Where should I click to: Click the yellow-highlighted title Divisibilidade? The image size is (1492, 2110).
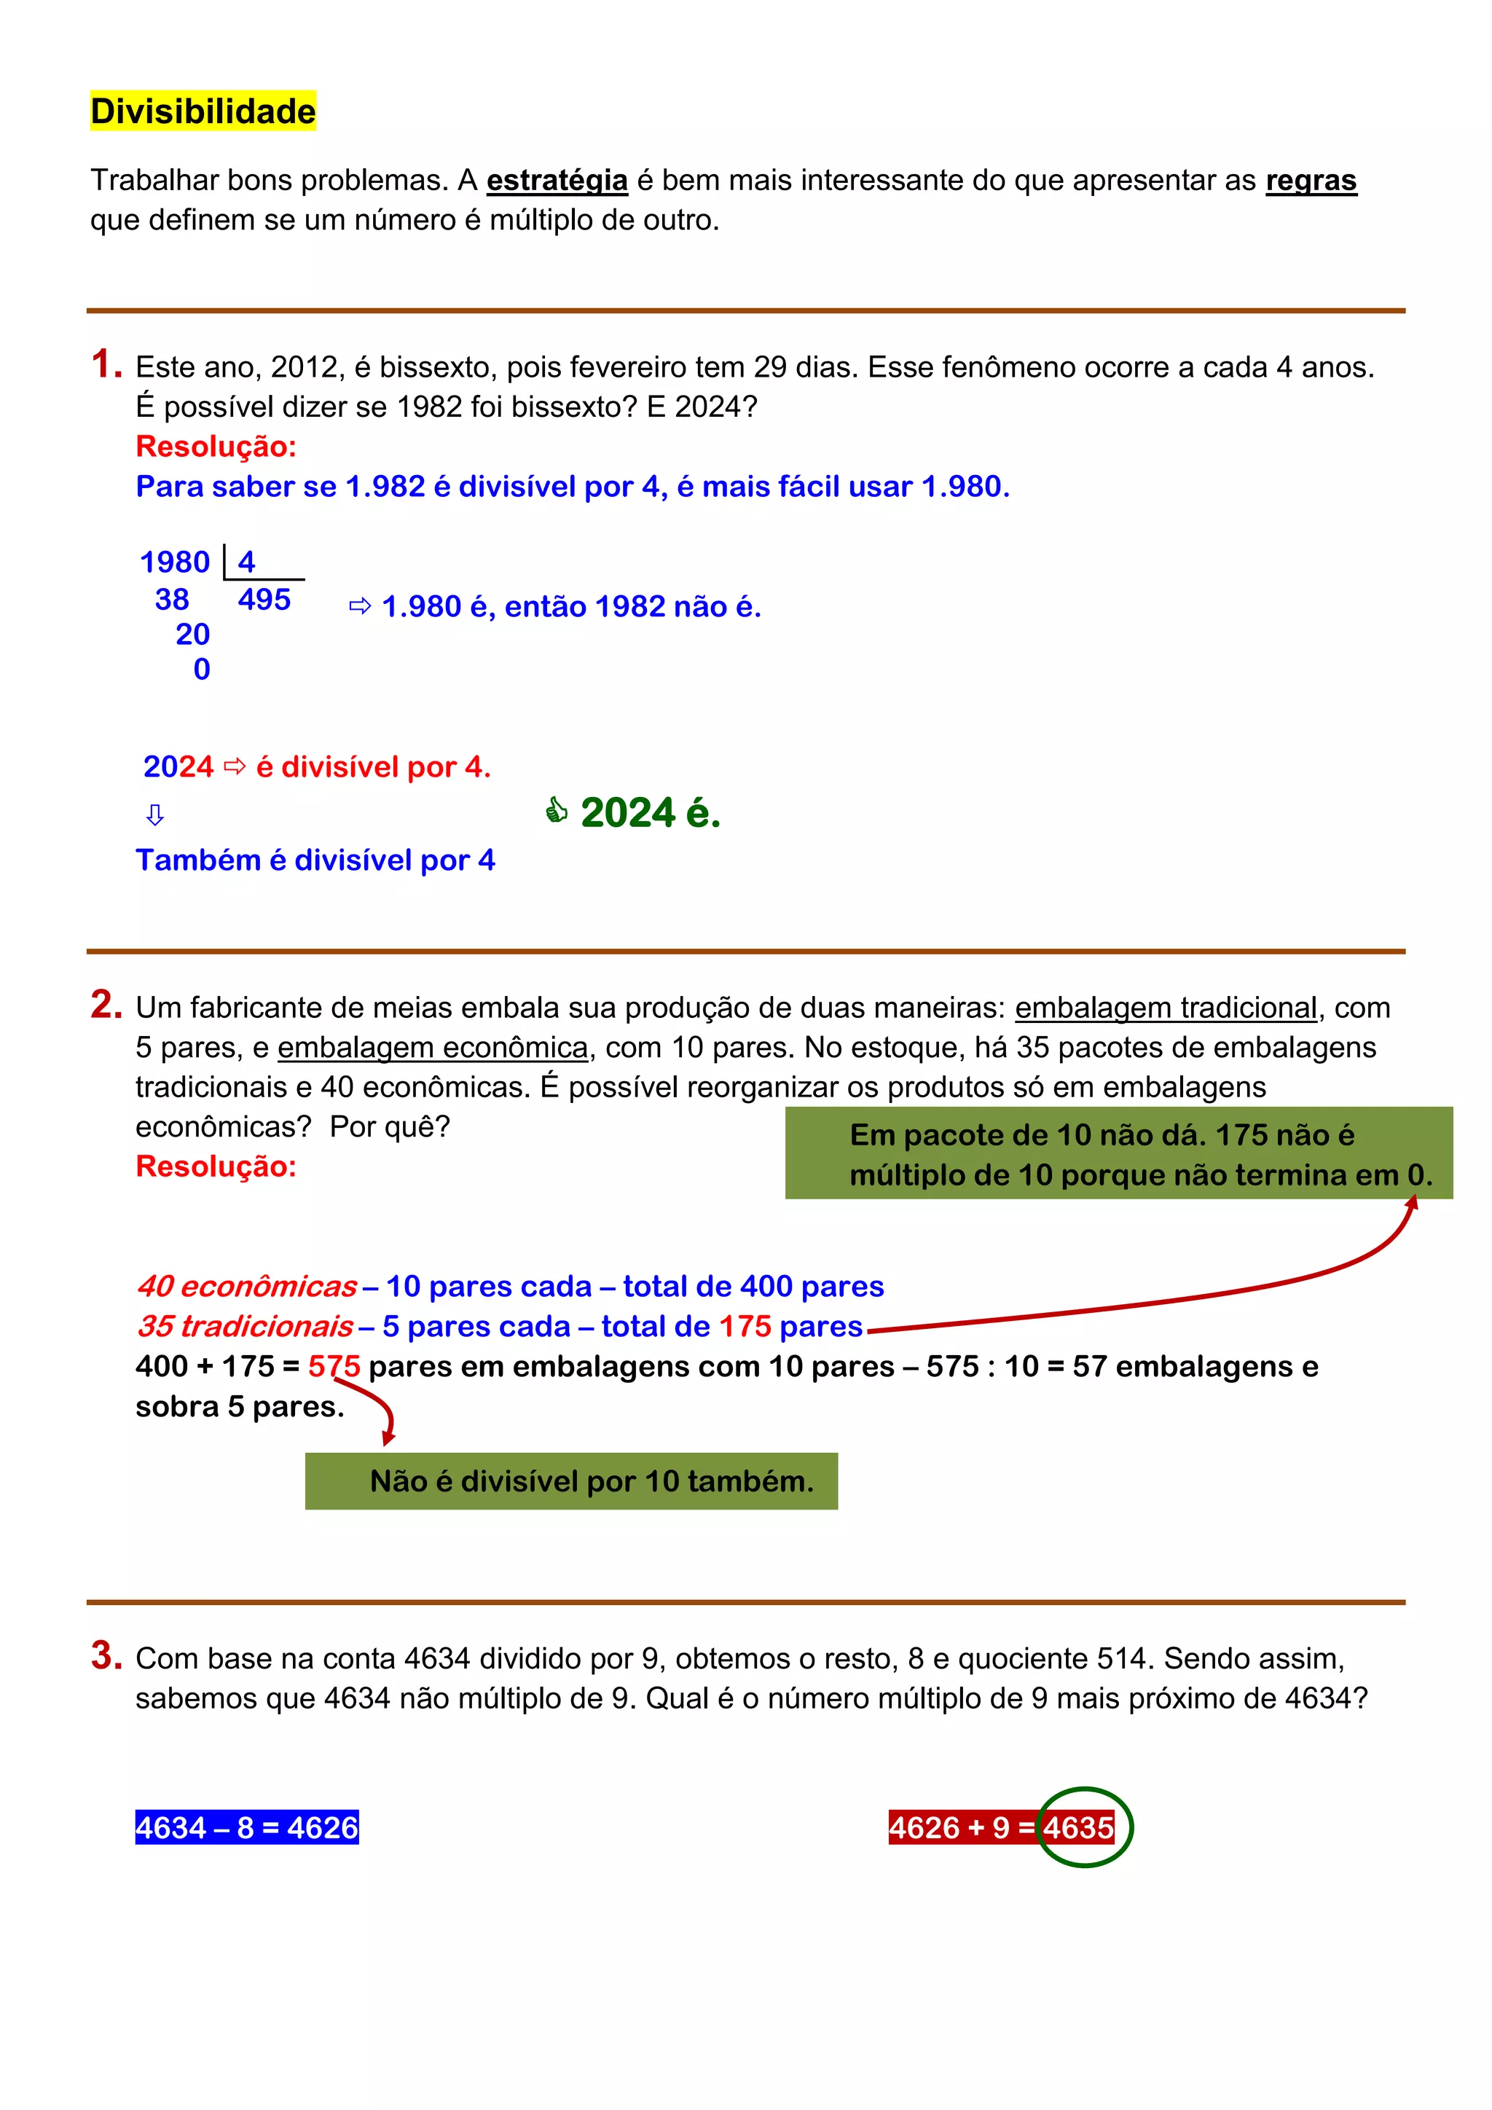(x=203, y=111)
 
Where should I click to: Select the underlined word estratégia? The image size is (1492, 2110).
(x=557, y=180)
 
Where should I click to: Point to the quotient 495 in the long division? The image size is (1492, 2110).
(x=264, y=600)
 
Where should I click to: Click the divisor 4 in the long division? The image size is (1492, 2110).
(x=246, y=562)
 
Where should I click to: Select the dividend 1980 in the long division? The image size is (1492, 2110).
(x=175, y=562)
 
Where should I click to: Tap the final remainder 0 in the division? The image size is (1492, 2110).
(x=202, y=669)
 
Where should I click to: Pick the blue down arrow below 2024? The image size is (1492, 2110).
(x=155, y=815)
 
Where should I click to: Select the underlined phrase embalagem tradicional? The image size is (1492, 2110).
(x=1166, y=1008)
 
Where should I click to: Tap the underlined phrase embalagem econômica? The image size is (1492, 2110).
(x=433, y=1048)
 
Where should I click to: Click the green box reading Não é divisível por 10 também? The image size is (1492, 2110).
(x=571, y=1480)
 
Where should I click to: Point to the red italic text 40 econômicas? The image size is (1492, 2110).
(x=246, y=1287)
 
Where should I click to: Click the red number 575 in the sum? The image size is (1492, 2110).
(x=334, y=1367)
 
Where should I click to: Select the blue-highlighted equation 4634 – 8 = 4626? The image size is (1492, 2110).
(x=246, y=1827)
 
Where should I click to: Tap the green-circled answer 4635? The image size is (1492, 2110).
(x=1080, y=1827)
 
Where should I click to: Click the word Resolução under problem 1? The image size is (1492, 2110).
(x=216, y=447)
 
